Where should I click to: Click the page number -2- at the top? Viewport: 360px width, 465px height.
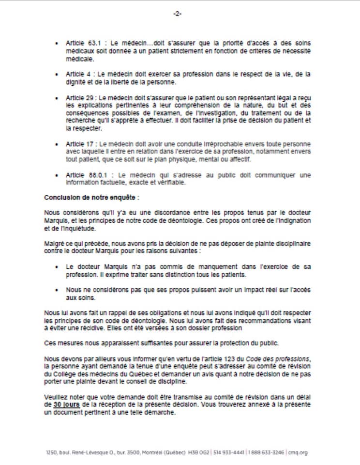coord(177,14)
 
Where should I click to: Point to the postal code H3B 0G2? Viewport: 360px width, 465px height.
coord(200,453)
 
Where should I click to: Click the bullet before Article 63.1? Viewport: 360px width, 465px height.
coord(57,44)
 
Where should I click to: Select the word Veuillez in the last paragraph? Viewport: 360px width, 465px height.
coord(56,397)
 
